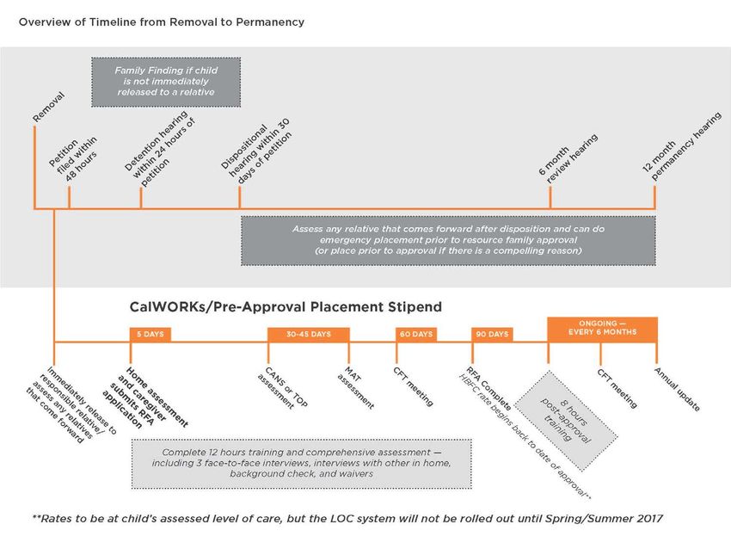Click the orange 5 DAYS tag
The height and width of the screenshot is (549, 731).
pyautogui.click(x=150, y=334)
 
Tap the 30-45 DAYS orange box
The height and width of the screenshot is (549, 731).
pyautogui.click(x=308, y=334)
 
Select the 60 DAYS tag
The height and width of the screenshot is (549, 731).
pyautogui.click(x=416, y=334)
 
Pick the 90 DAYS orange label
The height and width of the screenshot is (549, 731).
pyautogui.click(x=492, y=334)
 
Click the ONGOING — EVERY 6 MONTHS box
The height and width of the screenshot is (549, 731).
pyautogui.click(x=602, y=329)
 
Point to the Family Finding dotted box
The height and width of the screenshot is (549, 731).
pyautogui.click(x=166, y=82)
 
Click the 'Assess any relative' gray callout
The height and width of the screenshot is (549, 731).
pyautogui.click(x=448, y=240)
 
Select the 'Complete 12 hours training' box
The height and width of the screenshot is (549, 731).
pyautogui.click(x=301, y=463)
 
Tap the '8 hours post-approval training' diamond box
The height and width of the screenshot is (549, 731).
pyautogui.click(x=566, y=420)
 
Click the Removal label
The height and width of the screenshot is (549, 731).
pyautogui.click(x=49, y=108)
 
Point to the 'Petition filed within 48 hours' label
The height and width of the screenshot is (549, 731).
pyautogui.click(x=74, y=159)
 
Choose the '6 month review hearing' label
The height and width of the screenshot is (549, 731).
pyautogui.click(x=568, y=158)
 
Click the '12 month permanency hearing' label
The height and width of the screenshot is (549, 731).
pyautogui.click(x=682, y=146)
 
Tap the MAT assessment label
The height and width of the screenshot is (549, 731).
pyautogui.click(x=355, y=388)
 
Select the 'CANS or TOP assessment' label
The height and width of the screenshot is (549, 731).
pyautogui.click(x=283, y=388)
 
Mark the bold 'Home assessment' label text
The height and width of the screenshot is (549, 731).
pyautogui.click(x=157, y=397)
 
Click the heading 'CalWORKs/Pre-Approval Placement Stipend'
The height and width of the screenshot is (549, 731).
pyautogui.click(x=286, y=307)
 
